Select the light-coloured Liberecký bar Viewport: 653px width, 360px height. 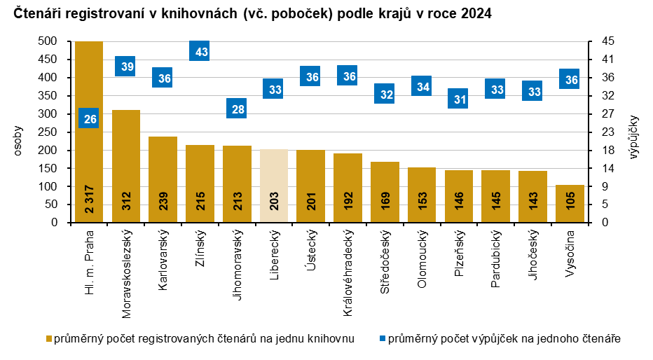point(274,182)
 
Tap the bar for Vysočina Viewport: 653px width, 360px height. point(570,203)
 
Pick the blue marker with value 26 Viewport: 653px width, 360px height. point(89,119)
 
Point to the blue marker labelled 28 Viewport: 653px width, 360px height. point(237,109)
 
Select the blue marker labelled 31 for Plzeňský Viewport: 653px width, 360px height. point(459,99)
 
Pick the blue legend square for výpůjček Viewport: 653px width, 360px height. point(382,339)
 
